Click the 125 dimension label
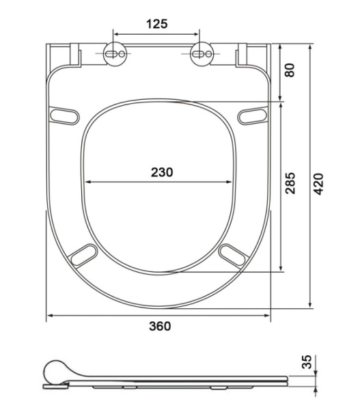[x=157, y=24]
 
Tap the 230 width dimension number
[x=162, y=172]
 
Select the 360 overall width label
[x=160, y=326]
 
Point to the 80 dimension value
[x=290, y=70]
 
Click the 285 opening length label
[x=290, y=183]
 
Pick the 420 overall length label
[x=318, y=184]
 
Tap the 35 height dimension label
[x=307, y=361]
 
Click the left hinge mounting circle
[x=115, y=54]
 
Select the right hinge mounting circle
[x=202, y=54]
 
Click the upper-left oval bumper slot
[x=64, y=115]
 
